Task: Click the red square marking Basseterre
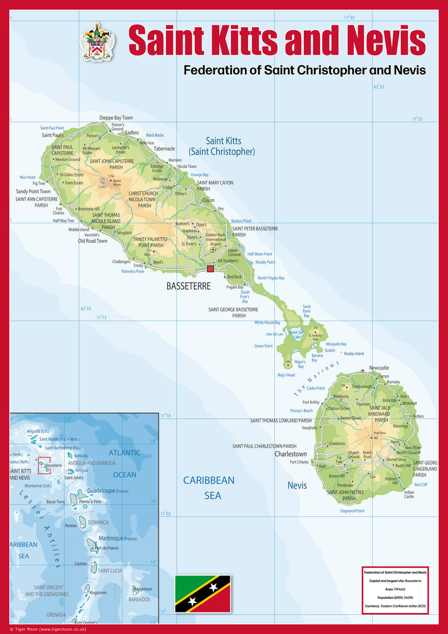210,269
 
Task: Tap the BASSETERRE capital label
189,286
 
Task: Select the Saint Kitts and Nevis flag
202,593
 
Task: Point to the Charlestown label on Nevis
291,454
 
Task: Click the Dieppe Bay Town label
116,118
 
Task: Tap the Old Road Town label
93,241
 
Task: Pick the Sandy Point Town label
33,192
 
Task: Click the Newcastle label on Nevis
379,368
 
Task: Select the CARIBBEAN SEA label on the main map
209,487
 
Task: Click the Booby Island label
354,354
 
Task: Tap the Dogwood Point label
352,511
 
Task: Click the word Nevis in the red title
386,41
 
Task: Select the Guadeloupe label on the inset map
102,490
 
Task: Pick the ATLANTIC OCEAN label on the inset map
124,463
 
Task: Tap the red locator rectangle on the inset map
44,465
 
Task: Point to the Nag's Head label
286,375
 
